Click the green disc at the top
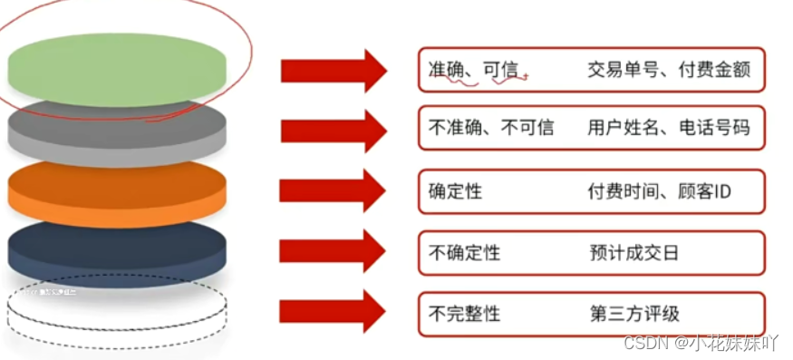coord(115,65)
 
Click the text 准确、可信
coord(477,70)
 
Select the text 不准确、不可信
coord(490,128)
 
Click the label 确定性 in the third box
coord(455,192)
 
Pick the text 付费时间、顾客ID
coord(659,192)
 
